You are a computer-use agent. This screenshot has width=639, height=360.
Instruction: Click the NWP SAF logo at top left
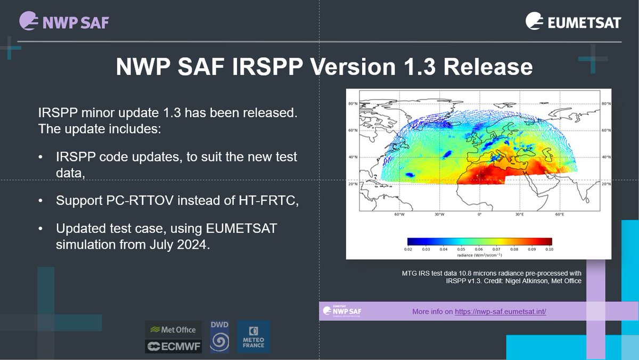point(64,22)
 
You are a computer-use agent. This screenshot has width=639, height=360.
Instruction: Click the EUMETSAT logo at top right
point(573,22)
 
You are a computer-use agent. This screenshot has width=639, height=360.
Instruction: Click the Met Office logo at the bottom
point(174,330)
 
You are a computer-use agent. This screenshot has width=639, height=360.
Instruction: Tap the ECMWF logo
point(174,347)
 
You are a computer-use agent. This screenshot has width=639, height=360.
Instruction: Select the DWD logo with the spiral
point(219,337)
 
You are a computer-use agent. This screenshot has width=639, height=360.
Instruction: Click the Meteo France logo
point(253,337)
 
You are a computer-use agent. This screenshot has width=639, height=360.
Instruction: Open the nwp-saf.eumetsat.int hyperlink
point(500,312)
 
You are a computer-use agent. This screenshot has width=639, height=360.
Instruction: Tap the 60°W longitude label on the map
point(399,214)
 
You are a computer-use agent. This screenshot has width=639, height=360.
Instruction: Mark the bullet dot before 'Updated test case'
point(41,228)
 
